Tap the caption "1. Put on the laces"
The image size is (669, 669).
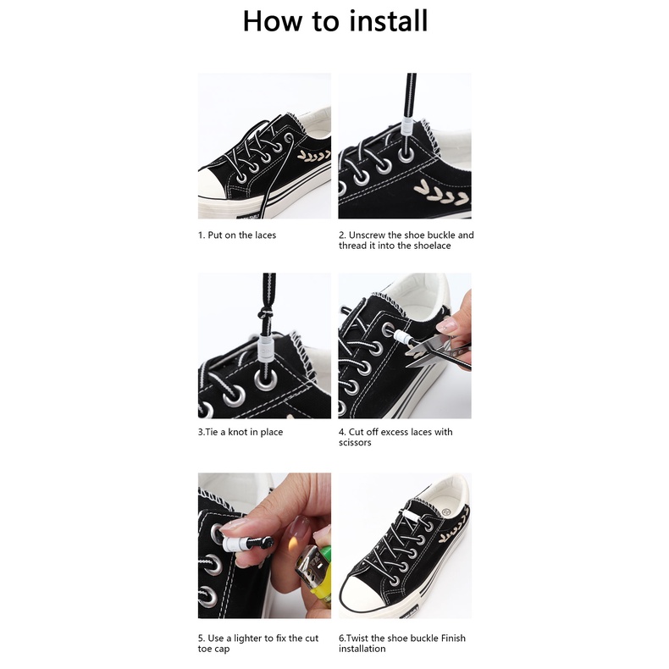click(x=237, y=235)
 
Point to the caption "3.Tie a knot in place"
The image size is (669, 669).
click(x=241, y=432)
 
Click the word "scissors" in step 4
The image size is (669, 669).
click(x=355, y=442)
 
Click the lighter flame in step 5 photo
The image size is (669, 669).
click(x=293, y=545)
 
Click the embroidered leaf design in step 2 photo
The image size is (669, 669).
click(x=441, y=193)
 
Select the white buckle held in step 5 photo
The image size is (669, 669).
click(x=234, y=543)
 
